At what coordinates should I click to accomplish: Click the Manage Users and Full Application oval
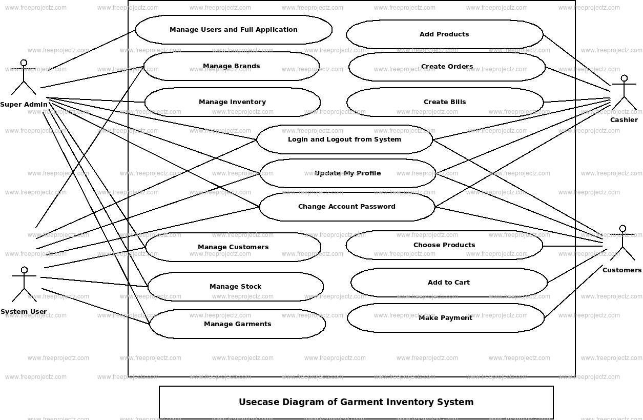(x=234, y=30)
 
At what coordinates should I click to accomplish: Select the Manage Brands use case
(x=231, y=66)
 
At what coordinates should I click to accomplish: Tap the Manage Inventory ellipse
(x=232, y=102)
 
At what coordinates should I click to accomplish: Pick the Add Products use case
(x=444, y=34)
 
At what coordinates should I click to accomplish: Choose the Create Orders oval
(x=447, y=67)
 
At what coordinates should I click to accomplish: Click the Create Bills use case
(x=445, y=102)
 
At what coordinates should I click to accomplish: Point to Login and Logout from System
(x=344, y=139)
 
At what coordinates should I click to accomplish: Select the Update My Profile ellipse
(x=347, y=173)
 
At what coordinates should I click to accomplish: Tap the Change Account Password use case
(x=347, y=207)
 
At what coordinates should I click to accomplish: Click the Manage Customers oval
(x=233, y=247)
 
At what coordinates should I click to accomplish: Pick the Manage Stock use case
(x=235, y=287)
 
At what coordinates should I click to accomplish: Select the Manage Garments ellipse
(x=237, y=324)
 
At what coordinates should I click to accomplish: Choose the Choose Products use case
(x=444, y=245)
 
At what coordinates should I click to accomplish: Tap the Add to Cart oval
(x=449, y=283)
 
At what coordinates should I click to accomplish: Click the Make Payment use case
(x=445, y=318)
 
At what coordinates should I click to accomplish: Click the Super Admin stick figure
(x=24, y=78)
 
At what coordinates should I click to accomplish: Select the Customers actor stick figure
(x=623, y=243)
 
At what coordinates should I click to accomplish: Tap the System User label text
(x=24, y=312)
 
